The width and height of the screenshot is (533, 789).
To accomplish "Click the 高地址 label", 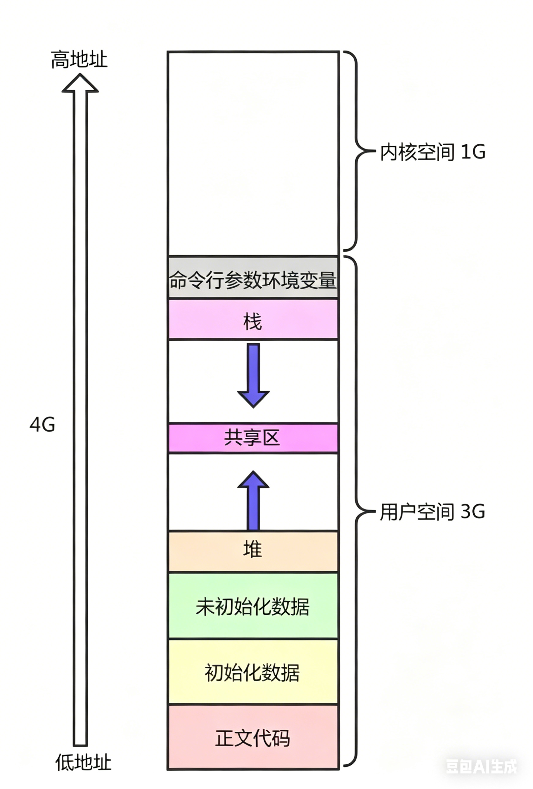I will click(79, 60).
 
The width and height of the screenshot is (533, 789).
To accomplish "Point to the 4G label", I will click(42, 424).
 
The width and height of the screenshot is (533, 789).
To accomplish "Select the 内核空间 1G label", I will click(432, 152).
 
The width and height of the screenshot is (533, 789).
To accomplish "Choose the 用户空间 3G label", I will click(432, 512).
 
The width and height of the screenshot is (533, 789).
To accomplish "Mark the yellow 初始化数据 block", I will click(253, 672).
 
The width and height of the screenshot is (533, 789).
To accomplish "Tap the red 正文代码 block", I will click(253, 737).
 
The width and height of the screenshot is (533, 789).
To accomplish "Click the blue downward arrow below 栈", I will click(254, 375).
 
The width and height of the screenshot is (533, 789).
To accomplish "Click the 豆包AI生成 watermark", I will click(481, 766).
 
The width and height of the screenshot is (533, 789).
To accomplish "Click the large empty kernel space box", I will click(253, 153).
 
